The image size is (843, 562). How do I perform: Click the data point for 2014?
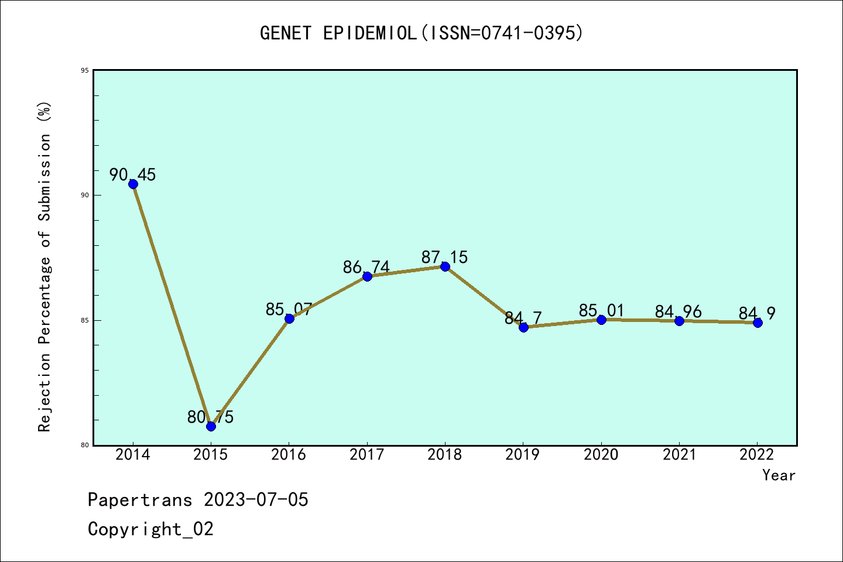click(133, 184)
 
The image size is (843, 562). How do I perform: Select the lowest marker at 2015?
click(211, 426)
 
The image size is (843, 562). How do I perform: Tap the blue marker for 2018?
click(445, 266)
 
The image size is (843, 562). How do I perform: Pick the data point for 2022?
click(758, 323)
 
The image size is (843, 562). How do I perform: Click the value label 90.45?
click(133, 174)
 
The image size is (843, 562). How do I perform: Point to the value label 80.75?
click(211, 417)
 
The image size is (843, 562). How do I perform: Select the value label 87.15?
click(445, 257)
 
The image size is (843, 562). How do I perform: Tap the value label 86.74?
click(366, 267)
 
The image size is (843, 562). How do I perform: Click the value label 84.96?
click(678, 311)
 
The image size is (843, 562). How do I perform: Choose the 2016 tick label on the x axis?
click(289, 455)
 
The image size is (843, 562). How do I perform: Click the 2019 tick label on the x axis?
click(523, 455)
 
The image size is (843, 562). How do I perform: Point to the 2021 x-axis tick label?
click(679, 455)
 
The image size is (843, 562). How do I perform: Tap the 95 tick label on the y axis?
click(84, 70)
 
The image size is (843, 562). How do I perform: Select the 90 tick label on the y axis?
click(84, 195)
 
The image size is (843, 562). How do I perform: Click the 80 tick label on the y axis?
click(84, 445)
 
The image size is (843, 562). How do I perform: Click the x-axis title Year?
click(779, 475)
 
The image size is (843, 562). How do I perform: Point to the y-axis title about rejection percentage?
click(45, 267)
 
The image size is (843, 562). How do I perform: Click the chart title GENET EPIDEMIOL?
click(421, 33)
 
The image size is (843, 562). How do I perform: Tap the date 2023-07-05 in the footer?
click(256, 500)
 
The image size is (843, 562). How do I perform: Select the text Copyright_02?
click(150, 529)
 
